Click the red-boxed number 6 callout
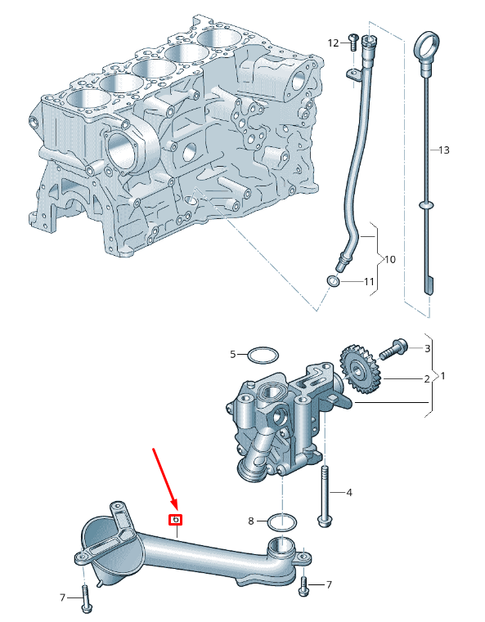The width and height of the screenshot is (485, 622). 175,519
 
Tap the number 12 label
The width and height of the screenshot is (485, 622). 333,43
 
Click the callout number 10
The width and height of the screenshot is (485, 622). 389,259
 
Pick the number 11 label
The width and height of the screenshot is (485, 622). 369,282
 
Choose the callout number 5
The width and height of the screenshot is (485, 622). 233,355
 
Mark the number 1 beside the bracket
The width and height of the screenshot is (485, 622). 443,375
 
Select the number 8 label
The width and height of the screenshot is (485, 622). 252,520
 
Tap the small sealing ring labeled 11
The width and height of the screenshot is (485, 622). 334,282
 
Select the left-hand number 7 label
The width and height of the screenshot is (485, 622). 61,598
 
